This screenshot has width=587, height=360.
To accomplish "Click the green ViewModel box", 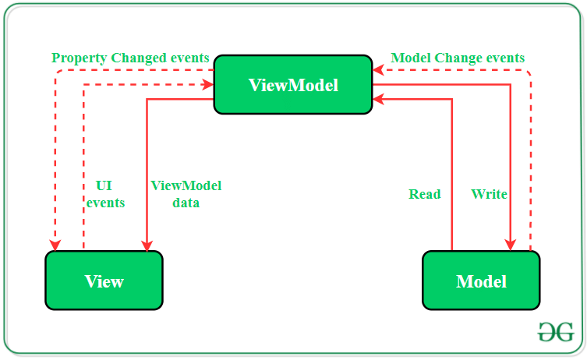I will tap(293, 85).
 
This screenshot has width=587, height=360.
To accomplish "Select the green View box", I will tap(104, 281).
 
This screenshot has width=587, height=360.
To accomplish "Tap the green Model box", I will tap(481, 281).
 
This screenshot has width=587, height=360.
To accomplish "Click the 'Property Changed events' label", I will tap(130, 58).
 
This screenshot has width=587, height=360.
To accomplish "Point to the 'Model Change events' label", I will tap(458, 58).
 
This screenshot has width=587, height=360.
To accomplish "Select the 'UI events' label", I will tap(104, 194).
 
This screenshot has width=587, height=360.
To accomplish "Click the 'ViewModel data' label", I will tap(186, 194).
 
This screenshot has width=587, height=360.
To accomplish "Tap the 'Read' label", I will tap(424, 194).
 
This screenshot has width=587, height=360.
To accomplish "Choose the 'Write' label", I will tap(489, 194).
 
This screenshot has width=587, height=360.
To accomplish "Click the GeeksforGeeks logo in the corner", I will tap(556, 332).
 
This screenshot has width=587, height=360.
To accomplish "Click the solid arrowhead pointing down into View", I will tap(147, 245).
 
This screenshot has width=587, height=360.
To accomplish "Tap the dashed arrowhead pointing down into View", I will tap(55, 245).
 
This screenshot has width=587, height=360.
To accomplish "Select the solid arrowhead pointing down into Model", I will tap(511, 245).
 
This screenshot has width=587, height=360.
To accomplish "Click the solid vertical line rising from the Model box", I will tap(452, 179).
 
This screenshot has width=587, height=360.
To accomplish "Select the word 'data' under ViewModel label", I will tap(186, 203).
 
